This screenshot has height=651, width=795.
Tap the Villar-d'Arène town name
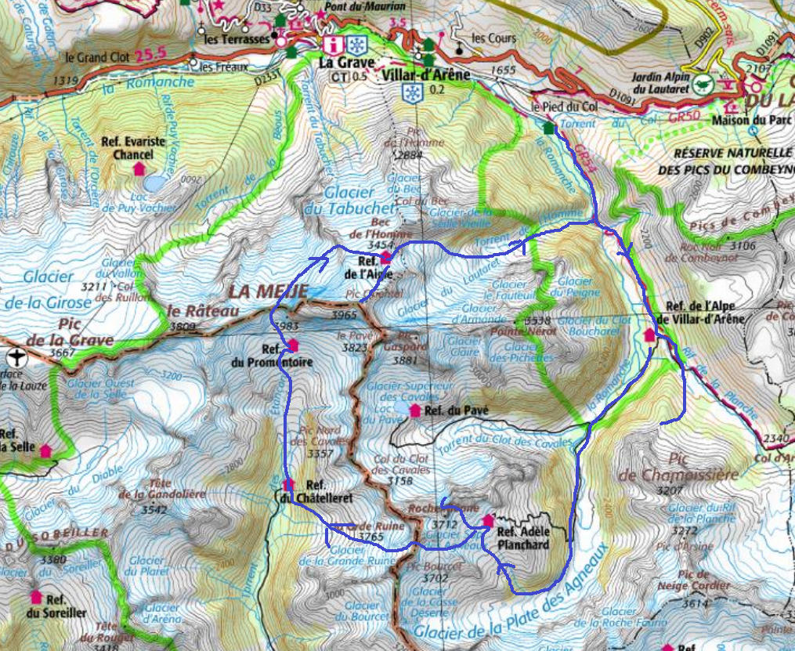coord(426,74)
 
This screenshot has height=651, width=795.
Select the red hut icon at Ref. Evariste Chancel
coord(139,168)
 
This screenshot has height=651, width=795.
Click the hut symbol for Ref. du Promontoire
coord(293,344)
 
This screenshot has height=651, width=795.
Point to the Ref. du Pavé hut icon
coord(414,410)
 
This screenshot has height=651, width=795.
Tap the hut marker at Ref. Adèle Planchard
coord(489,519)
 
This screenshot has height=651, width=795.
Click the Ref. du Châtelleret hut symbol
coord(288,484)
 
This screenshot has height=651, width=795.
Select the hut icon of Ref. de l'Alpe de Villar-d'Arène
coord(649,335)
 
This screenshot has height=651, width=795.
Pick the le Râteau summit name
coord(190,309)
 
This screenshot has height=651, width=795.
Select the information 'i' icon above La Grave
coord(336,44)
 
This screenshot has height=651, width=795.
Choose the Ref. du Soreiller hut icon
coord(35,596)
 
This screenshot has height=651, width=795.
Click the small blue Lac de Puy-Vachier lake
coord(154,183)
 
